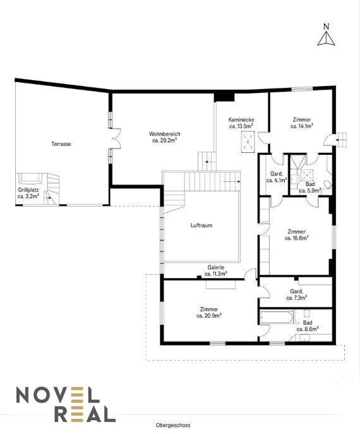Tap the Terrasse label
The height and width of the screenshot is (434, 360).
61,144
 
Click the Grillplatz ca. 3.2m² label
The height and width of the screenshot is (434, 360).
28,193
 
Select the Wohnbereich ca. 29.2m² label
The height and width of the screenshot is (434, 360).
165,137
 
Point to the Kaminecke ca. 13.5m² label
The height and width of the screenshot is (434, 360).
241,123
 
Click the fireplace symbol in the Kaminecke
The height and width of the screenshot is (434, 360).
248,142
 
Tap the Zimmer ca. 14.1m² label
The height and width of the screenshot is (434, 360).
302,123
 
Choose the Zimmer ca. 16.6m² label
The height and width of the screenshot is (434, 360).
297,235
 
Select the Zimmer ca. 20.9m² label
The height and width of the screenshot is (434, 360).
209,312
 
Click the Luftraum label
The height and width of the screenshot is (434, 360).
201,226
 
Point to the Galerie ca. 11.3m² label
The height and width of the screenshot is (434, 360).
216,270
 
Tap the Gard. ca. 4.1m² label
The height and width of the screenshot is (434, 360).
277,177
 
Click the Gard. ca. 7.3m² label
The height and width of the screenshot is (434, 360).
297,294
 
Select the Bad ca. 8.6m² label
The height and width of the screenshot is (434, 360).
308,326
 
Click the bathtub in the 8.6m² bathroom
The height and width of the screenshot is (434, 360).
276,318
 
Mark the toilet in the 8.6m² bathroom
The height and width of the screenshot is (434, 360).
306,313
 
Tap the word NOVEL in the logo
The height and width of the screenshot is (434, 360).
57,395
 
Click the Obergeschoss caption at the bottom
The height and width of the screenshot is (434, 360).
173,425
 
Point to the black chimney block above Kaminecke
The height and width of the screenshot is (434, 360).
224,97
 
